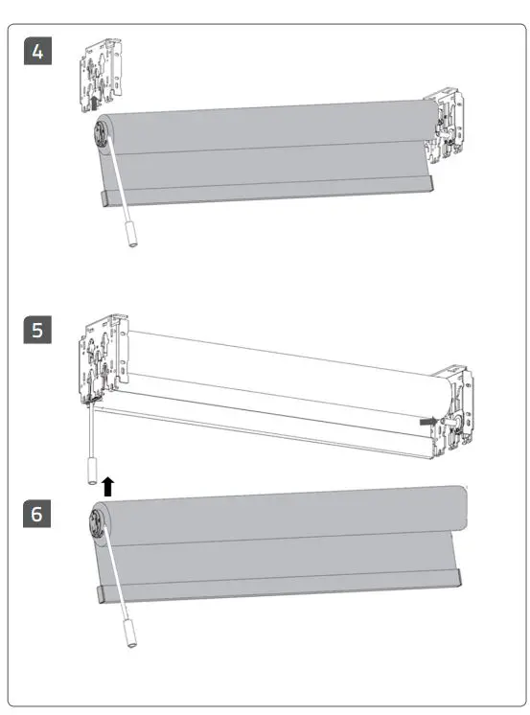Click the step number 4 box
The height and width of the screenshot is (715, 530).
tap(37, 51)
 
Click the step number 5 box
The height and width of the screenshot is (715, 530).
tap(37, 330)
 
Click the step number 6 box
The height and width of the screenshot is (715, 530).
tap(37, 513)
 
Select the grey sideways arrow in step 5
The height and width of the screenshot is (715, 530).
tap(426, 420)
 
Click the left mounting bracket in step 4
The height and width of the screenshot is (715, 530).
tap(101, 73)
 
